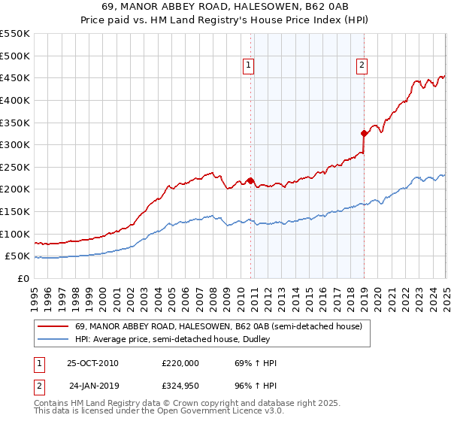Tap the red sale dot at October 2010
(250, 180)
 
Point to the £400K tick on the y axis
(15, 100)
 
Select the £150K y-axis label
(15, 211)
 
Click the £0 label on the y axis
(23, 278)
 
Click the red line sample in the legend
(53, 326)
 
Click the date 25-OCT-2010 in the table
(92, 363)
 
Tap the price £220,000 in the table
(180, 363)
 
